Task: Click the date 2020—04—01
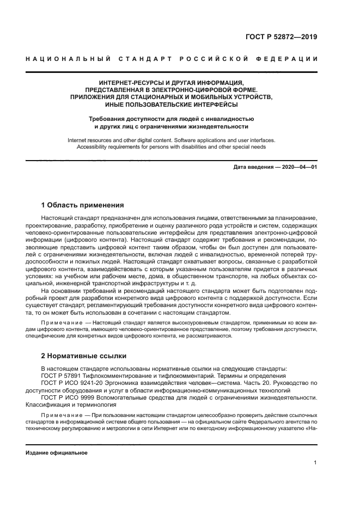298,167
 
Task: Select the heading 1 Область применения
83,205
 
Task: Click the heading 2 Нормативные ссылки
84,356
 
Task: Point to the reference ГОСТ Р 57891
61,376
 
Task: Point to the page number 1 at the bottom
315,463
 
